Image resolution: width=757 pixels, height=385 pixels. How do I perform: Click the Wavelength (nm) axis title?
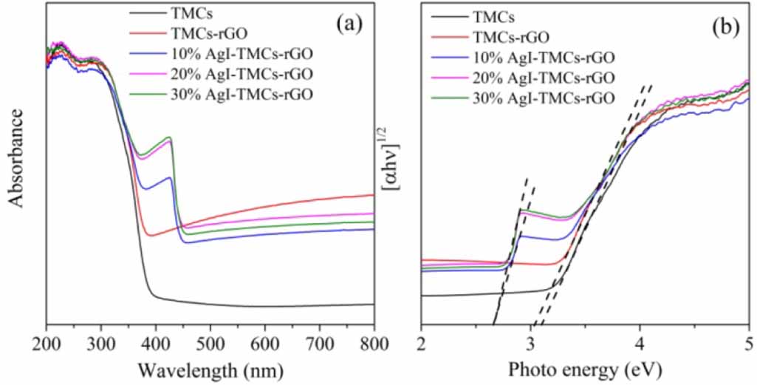point(210,368)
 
